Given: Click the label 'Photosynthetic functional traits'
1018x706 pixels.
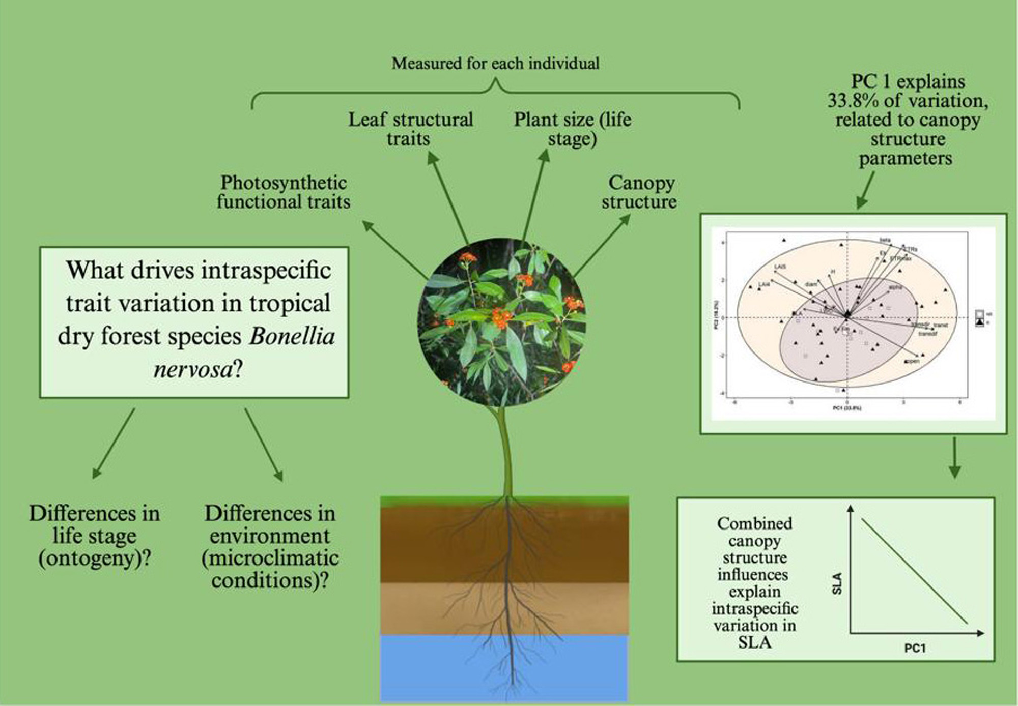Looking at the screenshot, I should point(284,192).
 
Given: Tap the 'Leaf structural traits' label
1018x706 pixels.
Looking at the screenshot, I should point(410,129).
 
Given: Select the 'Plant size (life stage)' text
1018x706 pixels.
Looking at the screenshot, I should point(572,129).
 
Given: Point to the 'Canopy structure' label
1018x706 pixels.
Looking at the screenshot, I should point(639,192).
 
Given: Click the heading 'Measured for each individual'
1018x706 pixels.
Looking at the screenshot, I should point(495,64).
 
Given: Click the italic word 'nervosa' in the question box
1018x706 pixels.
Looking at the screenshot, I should point(193,369).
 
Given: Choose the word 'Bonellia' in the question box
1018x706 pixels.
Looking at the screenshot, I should point(293,336).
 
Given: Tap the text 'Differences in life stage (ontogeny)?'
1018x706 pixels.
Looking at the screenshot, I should point(95,536).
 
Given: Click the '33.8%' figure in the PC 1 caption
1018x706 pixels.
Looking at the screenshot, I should point(853,101).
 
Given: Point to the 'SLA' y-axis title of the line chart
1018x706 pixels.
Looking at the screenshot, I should point(837,583).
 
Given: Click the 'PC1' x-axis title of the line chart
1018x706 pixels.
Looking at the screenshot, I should point(915,649).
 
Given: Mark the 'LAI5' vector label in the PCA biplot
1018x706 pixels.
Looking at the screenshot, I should point(780,267).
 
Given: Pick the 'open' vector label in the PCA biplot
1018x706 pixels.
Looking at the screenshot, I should point(913,361).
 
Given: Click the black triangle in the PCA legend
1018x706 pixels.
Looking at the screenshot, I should point(979,322).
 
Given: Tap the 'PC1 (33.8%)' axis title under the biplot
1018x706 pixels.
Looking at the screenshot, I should point(847,408).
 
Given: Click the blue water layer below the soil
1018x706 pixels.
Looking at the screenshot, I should point(504,666).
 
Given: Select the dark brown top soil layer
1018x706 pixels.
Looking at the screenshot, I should point(504,544).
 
